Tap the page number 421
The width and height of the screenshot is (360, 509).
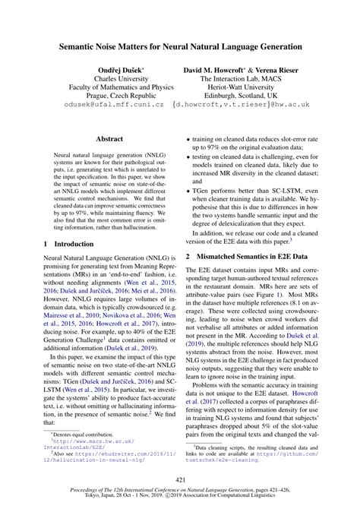click(180, 479)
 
